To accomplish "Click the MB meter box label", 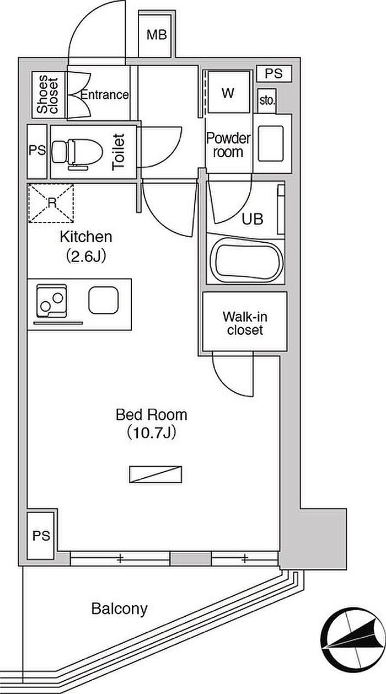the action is (x=157, y=35).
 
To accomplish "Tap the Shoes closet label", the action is (x=47, y=94).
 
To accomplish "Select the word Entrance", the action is (x=105, y=95).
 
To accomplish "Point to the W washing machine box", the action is (x=229, y=92).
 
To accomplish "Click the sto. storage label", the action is (x=267, y=100).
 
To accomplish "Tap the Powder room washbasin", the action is (x=271, y=143).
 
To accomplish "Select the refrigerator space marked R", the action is (x=51, y=203).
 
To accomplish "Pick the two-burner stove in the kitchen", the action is (x=52, y=301).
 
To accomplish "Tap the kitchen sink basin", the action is (x=104, y=300).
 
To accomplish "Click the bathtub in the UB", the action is (x=246, y=259).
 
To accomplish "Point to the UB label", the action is (x=253, y=219).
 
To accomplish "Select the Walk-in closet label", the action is (x=245, y=323).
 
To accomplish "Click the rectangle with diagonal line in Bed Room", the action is (x=156, y=474).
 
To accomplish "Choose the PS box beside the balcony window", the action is (x=41, y=535).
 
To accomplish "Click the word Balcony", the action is (x=120, y=609).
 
